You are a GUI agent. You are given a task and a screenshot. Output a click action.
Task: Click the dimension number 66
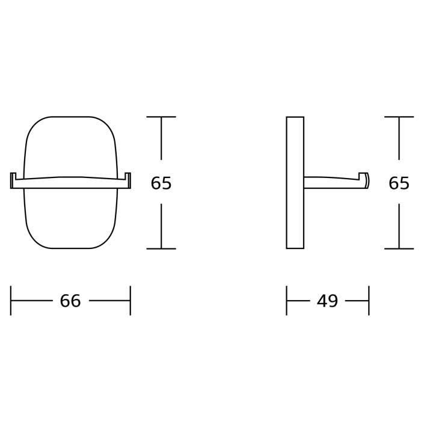pos(70,301)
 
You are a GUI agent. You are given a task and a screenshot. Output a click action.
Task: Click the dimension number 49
pos(327,301)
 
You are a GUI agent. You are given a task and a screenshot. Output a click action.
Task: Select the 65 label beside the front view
pos(161,183)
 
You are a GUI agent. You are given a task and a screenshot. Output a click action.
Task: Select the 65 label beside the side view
pos(399,183)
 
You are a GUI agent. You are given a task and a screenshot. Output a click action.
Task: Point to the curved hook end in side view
pos(367,180)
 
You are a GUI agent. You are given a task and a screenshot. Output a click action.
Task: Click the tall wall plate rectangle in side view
pos(295,183)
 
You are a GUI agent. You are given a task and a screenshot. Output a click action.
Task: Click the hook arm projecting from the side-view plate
pos(333,183)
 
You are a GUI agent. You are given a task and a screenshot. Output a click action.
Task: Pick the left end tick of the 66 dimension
pos(11,301)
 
